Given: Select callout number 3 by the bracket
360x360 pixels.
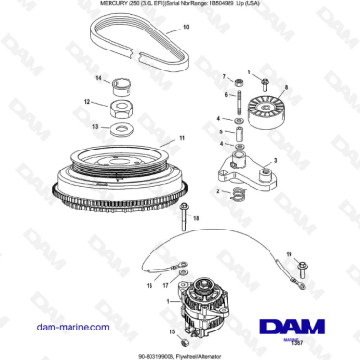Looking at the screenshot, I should (x=276, y=159).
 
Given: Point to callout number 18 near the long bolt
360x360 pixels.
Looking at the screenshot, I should (x=197, y=219).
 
